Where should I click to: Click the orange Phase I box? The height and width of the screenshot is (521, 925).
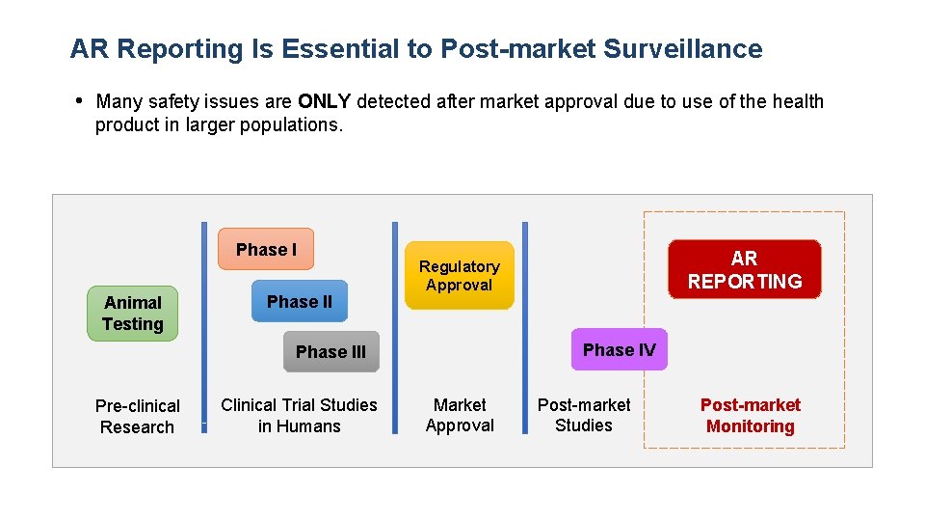(266, 249)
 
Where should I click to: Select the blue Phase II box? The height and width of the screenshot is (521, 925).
(299, 301)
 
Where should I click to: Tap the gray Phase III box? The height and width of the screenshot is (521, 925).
(330, 352)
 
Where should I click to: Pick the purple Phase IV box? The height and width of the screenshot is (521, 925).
(619, 349)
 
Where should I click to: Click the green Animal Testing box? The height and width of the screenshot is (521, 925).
(133, 314)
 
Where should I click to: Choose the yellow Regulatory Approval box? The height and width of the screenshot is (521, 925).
(459, 275)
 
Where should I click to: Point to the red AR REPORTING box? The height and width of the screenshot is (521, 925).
(745, 269)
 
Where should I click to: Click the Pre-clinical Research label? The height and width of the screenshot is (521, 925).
(137, 416)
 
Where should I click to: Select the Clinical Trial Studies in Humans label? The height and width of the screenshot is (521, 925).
(299, 415)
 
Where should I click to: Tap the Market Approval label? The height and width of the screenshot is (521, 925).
(460, 415)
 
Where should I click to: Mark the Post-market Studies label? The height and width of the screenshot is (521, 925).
(584, 415)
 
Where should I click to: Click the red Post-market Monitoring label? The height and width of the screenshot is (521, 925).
(750, 415)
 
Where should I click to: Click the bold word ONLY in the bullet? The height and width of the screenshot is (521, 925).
(325, 101)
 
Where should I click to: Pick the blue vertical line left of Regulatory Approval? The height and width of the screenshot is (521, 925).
(394, 328)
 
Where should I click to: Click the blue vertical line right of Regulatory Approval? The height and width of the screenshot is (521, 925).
(525, 328)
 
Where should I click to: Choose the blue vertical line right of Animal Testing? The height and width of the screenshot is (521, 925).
(204, 328)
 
